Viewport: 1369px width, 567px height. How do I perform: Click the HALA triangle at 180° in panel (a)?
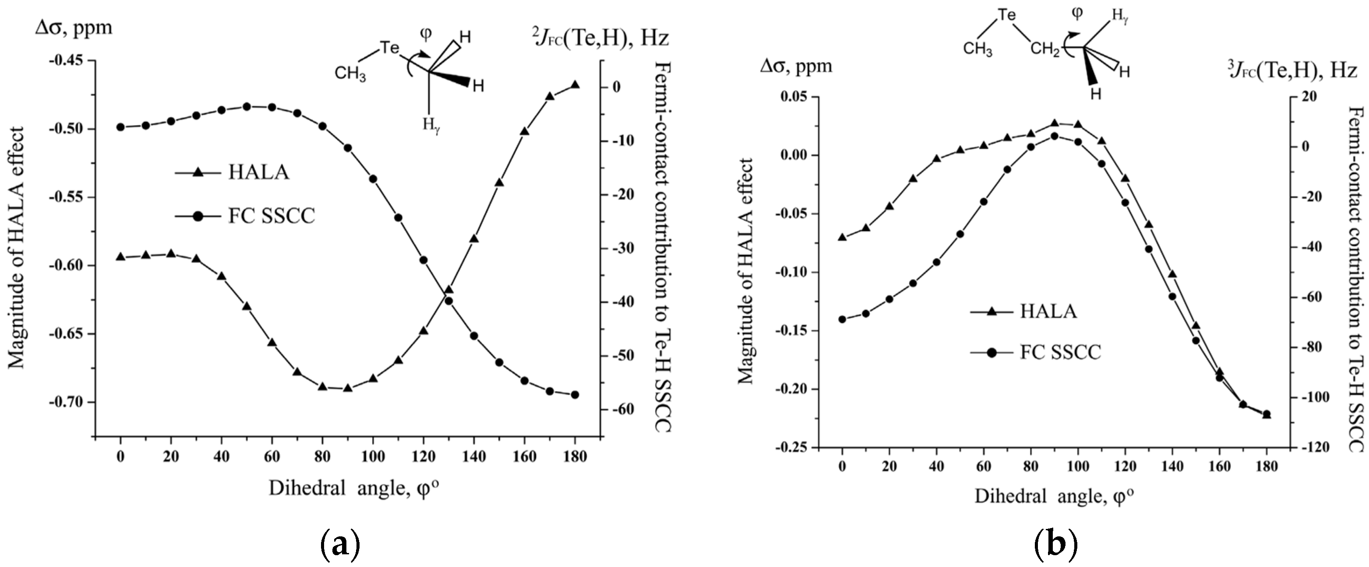[575, 85]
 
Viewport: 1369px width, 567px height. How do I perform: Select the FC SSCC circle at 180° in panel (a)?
[575, 395]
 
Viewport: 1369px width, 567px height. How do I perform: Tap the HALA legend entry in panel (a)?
[258, 172]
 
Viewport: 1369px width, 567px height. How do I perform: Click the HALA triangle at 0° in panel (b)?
[842, 237]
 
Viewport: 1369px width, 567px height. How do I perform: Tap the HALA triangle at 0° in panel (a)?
[120, 257]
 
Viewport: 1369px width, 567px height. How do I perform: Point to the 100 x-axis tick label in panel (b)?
[1078, 467]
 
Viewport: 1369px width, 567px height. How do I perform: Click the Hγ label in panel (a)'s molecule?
[431, 125]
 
